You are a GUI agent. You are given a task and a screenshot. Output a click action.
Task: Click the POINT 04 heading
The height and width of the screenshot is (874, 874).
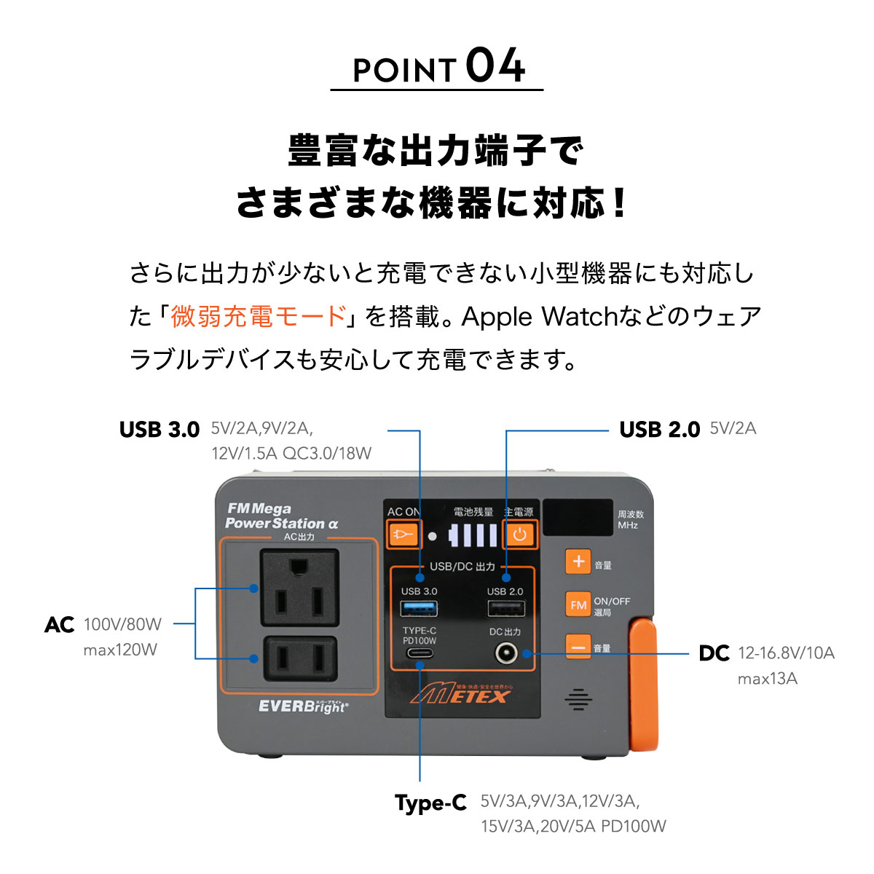(438, 67)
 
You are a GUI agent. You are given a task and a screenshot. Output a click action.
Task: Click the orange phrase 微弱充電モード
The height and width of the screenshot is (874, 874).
(259, 317)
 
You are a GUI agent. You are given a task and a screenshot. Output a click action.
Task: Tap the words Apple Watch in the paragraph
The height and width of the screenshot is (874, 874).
(540, 317)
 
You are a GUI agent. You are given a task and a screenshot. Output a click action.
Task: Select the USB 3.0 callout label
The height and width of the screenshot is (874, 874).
(160, 430)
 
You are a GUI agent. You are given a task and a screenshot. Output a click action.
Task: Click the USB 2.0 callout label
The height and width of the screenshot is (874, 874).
(659, 430)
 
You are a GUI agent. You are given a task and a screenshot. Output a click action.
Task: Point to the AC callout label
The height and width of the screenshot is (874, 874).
(60, 625)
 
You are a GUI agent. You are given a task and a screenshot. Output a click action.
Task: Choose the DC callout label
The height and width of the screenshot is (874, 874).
(714, 653)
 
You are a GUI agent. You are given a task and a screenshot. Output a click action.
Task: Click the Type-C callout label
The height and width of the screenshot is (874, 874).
(430, 803)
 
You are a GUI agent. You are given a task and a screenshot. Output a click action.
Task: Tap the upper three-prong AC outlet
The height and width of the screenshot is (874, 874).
(299, 588)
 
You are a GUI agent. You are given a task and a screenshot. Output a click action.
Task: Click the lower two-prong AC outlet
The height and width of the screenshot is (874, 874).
(299, 658)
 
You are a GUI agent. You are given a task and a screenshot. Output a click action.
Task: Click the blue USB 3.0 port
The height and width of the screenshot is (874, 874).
(420, 608)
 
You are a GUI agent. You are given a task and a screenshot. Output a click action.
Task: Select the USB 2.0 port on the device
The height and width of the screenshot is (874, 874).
(505, 608)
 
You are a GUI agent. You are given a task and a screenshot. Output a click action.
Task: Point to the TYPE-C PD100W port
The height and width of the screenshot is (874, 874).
(420, 653)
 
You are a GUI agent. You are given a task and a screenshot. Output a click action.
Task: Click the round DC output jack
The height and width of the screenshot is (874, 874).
(505, 653)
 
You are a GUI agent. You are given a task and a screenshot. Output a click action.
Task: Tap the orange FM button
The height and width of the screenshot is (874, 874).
(578, 605)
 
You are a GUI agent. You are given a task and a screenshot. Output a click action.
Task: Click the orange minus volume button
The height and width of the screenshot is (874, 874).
(578, 647)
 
